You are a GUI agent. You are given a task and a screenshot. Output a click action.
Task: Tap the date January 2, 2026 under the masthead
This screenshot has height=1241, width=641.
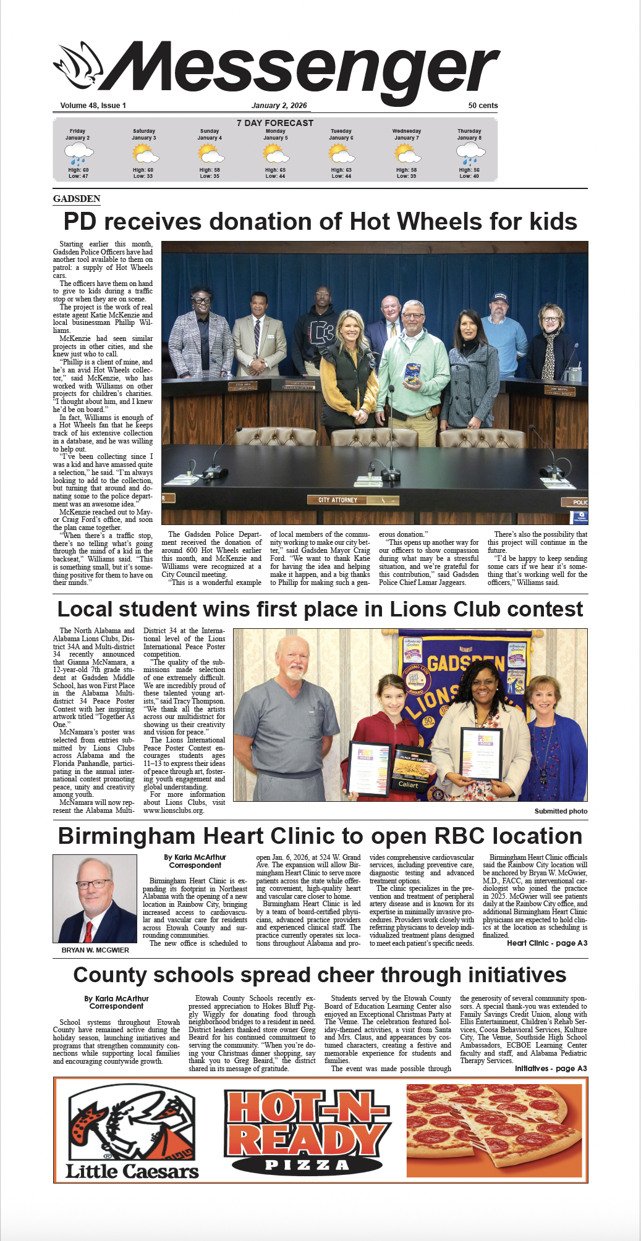(279, 106)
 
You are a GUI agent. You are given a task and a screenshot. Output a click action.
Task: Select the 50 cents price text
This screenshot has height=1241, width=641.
(483, 106)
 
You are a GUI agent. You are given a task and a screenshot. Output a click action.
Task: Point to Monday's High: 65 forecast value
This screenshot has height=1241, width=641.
(275, 170)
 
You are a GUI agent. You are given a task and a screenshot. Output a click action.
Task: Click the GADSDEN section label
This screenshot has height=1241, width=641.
(77, 199)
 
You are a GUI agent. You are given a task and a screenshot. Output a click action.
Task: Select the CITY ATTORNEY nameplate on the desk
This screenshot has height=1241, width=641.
(338, 500)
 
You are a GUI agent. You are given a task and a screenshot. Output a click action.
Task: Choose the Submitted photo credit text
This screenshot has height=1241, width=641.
(561, 811)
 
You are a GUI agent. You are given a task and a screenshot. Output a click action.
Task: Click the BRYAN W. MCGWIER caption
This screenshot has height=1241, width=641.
(95, 950)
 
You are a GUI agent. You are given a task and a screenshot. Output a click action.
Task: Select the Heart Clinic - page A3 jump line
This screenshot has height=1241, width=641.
(546, 943)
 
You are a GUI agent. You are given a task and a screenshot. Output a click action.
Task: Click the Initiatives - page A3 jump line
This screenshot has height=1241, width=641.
(550, 1069)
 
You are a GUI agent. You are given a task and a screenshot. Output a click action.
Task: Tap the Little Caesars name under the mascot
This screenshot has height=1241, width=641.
(132, 1171)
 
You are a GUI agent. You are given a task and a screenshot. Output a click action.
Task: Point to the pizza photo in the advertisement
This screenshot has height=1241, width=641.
(494, 1130)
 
